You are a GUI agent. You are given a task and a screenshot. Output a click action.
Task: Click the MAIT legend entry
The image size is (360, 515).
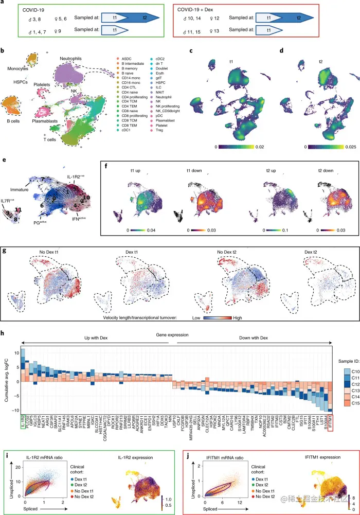coord(173,96)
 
